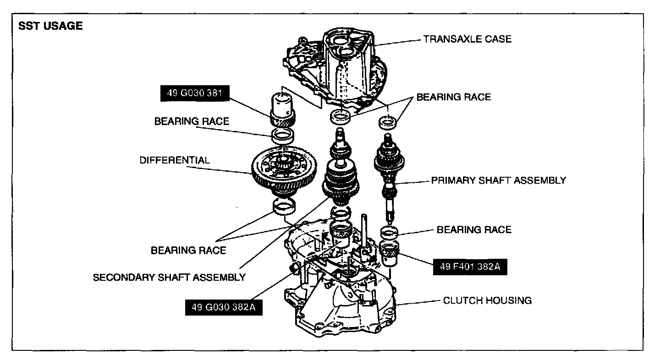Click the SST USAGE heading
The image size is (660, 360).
(x=50, y=26)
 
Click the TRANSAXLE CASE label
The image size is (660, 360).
(x=467, y=39)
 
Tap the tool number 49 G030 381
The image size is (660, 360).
(x=195, y=93)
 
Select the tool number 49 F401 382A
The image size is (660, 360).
(x=470, y=267)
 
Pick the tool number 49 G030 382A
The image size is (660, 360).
(x=223, y=307)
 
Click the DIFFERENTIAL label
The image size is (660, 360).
(x=175, y=160)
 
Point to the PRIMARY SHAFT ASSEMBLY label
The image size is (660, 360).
(x=498, y=180)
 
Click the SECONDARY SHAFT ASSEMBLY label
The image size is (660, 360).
(x=169, y=277)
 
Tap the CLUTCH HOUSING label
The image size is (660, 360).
(x=487, y=300)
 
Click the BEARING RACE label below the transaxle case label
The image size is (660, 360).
(x=453, y=97)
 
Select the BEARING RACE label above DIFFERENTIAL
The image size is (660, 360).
(x=192, y=121)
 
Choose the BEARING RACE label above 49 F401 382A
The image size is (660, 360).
(x=474, y=229)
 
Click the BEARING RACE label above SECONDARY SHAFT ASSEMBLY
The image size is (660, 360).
(x=188, y=250)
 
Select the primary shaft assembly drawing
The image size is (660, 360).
(x=389, y=174)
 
